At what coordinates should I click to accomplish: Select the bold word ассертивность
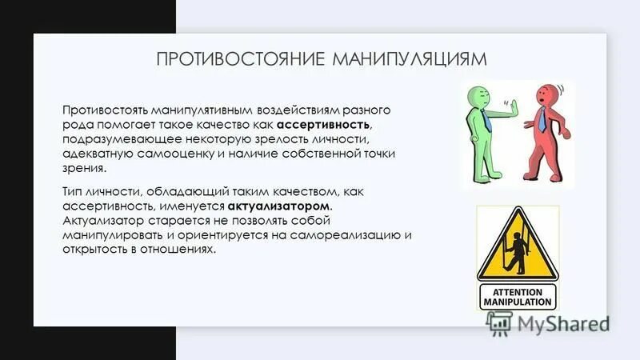[x=323, y=126]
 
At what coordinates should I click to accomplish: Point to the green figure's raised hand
[x=514, y=110]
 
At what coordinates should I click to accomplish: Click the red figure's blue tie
[x=543, y=121]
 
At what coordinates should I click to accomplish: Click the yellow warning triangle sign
[x=517, y=243]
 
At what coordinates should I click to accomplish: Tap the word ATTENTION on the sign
[x=517, y=291]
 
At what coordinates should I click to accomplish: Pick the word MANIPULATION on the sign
[x=517, y=302]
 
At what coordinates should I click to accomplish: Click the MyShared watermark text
[x=561, y=322]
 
